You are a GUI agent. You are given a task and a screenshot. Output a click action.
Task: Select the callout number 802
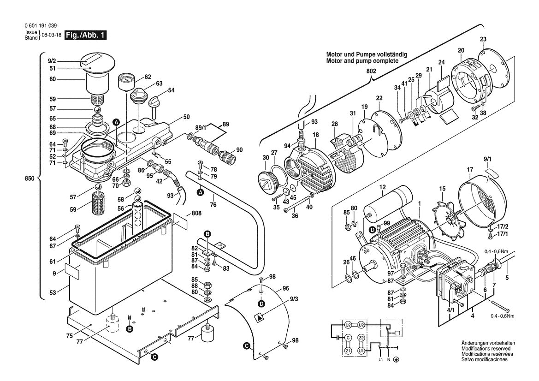371,71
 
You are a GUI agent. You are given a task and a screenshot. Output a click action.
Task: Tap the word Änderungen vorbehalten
488,343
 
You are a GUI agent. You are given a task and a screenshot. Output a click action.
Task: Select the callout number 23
483,39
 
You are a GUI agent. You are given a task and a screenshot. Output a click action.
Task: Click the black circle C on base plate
155,357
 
